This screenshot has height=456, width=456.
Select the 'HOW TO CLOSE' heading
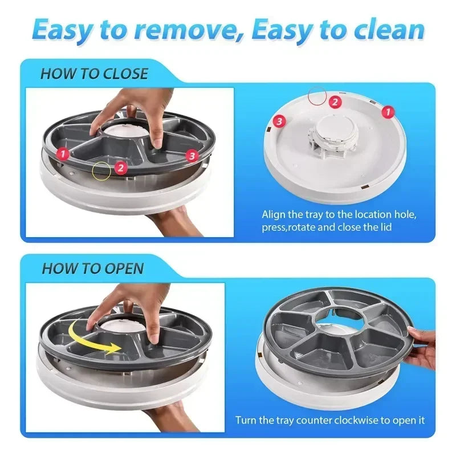[94, 74]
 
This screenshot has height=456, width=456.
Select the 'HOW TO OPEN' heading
[92, 268]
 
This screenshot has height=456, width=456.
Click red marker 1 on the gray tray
[64, 153]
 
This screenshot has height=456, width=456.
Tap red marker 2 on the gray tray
[120, 167]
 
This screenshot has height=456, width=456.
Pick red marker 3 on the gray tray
[192, 154]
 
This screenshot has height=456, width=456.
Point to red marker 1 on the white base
[387, 113]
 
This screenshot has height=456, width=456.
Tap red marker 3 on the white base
[279, 121]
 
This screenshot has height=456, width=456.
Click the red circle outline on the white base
[317, 95]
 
